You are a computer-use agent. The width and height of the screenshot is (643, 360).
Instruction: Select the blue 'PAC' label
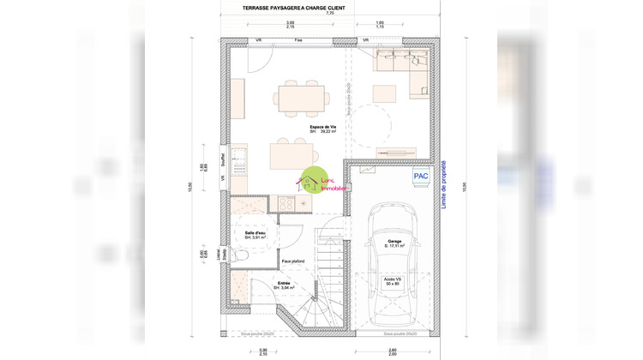coord(420,176)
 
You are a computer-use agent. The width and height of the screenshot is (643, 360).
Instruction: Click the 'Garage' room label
coord(394,243)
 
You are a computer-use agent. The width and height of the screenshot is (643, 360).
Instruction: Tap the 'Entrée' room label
coord(284,284)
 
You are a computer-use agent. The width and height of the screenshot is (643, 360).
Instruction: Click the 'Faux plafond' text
coord(294,261)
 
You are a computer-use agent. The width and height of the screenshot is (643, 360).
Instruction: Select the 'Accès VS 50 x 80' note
coord(391,280)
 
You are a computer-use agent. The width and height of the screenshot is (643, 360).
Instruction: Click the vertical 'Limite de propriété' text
coord(443,183)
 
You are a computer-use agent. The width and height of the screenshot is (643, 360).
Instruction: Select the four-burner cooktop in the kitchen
coord(283,204)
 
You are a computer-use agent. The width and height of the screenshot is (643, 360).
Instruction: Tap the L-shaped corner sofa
coord(403,69)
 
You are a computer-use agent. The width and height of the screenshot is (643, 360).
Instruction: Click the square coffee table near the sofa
coord(384,93)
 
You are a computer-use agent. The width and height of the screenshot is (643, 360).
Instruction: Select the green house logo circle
coord(314,181)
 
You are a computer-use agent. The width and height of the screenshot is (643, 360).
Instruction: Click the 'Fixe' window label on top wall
coord(298,40)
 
